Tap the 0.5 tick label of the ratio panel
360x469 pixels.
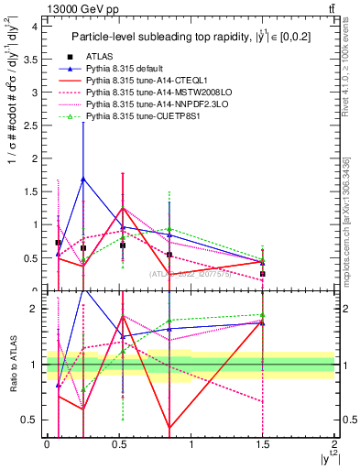[x=31, y=420]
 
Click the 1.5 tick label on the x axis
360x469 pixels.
[x=262, y=444]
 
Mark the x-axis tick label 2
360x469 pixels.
[x=334, y=444]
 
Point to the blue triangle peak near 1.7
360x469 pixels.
[x=83, y=179]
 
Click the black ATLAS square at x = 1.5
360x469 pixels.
[x=263, y=274]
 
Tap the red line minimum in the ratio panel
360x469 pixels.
[x=169, y=427]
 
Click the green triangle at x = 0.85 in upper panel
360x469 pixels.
[x=169, y=229]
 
